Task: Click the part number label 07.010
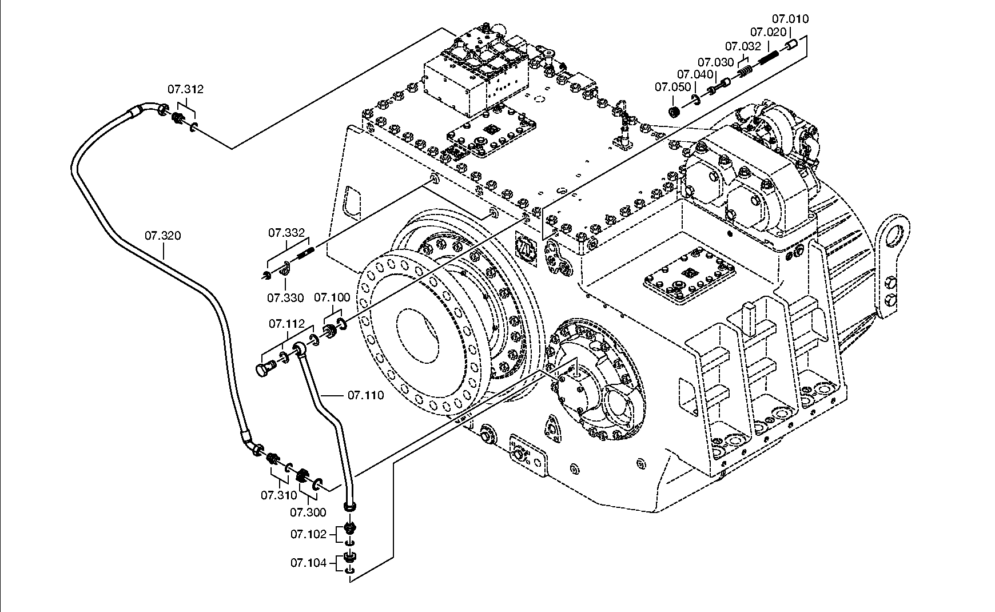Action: pos(790,19)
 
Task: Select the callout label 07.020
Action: pos(769,32)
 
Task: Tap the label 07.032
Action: pos(743,46)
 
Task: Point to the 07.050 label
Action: pos(673,88)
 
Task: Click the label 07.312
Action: pos(185,89)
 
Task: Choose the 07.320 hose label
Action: pos(162,236)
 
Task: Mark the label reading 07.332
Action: pos(286,233)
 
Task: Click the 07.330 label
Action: pos(285,298)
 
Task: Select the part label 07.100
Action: pos(332,297)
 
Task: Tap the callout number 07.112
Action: pos(286,324)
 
